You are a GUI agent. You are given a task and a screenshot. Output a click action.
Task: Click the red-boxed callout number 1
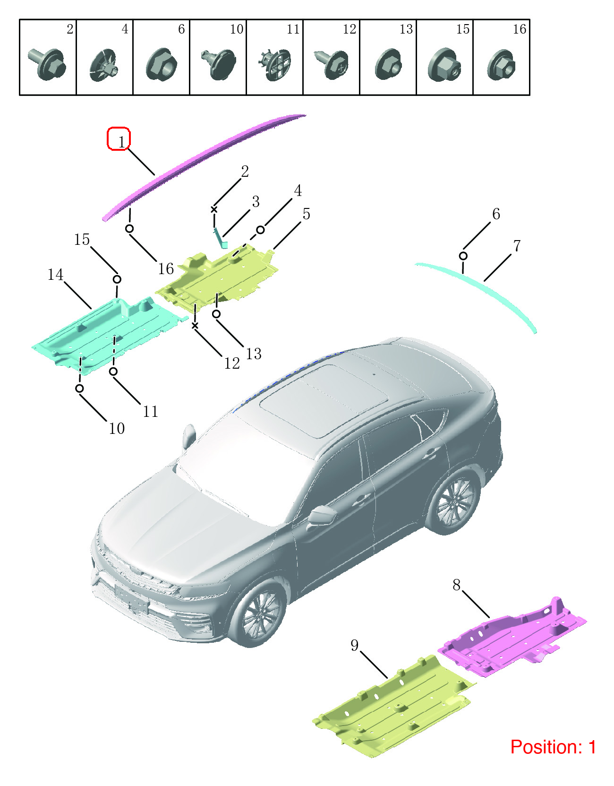click(121, 141)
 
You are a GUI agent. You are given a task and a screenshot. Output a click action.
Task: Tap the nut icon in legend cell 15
click(444, 65)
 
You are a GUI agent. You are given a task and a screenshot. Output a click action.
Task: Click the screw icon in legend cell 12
click(332, 64)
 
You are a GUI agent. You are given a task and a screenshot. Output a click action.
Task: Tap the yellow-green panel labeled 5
click(217, 276)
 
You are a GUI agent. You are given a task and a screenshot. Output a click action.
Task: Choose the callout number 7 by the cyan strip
click(517, 246)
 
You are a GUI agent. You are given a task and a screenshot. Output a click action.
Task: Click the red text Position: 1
click(553, 747)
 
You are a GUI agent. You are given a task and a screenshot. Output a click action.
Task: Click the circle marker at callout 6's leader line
click(463, 256)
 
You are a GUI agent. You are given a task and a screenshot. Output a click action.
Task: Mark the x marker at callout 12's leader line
click(195, 326)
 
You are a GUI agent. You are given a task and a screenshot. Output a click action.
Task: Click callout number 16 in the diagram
click(166, 269)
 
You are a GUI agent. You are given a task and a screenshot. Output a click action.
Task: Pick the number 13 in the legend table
click(406, 29)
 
